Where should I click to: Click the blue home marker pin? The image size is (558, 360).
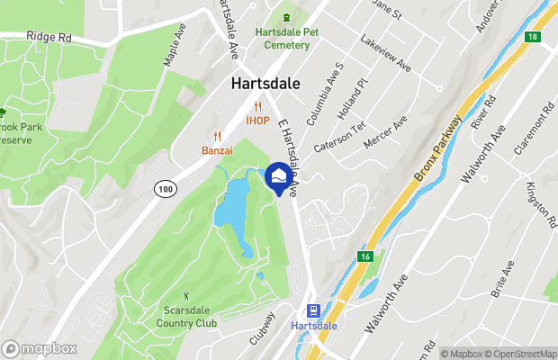[278, 177]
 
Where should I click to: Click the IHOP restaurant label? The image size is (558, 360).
[258, 121]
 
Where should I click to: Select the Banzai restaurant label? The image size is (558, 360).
[217, 149]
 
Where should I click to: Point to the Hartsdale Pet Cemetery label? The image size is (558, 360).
[288, 38]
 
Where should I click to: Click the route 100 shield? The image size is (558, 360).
[165, 188]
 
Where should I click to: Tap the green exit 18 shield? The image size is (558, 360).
[534, 37]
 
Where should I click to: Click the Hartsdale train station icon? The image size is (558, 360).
[315, 308]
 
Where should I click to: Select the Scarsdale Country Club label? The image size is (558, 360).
[187, 318]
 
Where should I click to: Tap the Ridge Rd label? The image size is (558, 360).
[49, 39]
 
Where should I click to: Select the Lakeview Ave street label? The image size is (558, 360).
[384, 56]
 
